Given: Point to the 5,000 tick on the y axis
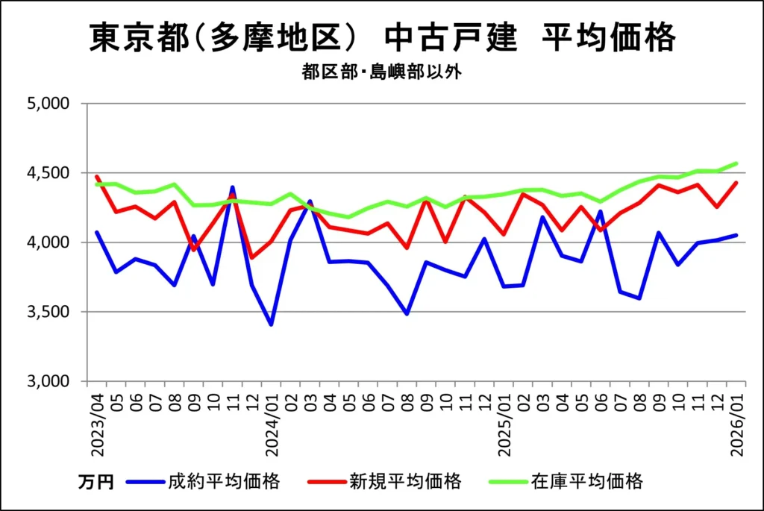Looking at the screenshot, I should [x=48, y=104].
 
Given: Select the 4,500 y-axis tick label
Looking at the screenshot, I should [x=48, y=173].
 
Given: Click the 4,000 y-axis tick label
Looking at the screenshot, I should [x=48, y=242].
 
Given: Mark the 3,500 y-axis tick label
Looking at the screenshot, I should [x=48, y=312].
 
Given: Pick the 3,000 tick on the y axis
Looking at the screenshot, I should [x=48, y=381].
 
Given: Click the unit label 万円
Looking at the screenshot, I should [x=95, y=483].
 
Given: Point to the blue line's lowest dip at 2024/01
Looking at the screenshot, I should [x=271, y=325].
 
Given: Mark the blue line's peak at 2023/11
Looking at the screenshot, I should [x=232, y=188].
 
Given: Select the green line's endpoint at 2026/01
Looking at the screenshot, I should [x=736, y=163].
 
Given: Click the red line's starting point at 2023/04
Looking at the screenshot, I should [x=97, y=177].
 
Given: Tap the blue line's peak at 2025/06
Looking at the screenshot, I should [x=601, y=211].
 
